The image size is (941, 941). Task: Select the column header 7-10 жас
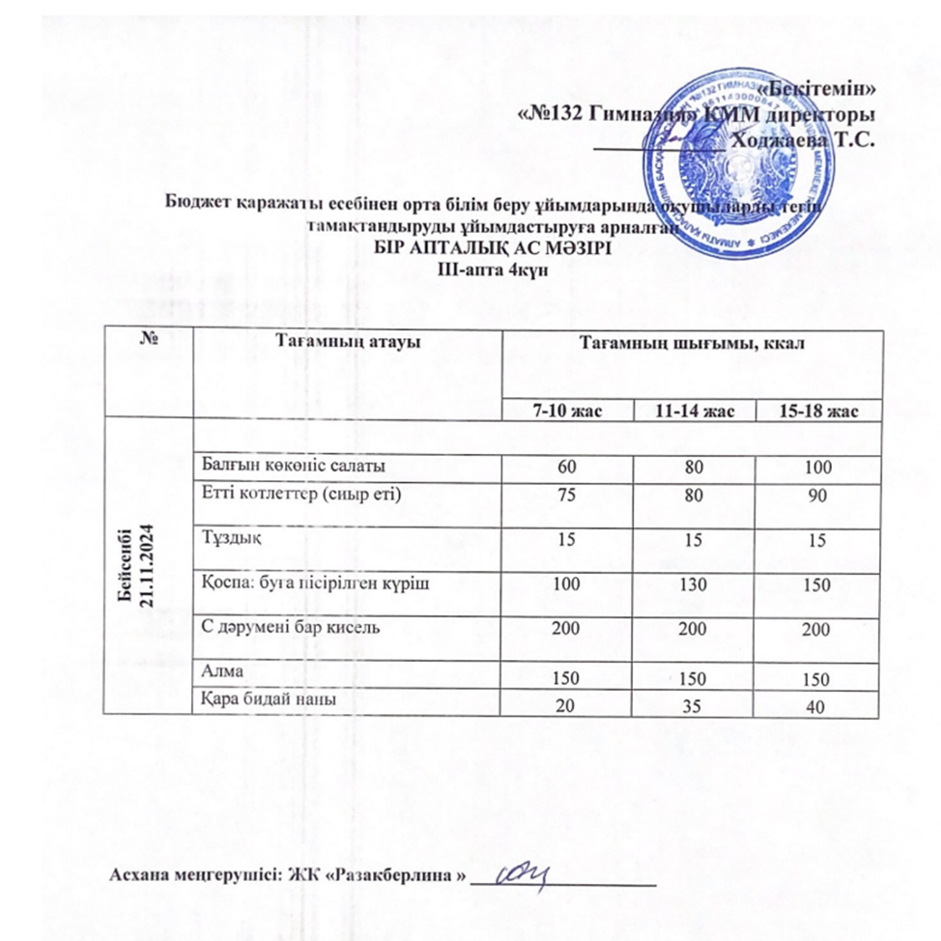(x=568, y=412)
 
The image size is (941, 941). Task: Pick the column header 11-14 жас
(x=693, y=412)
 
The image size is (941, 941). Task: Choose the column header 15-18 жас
(x=817, y=412)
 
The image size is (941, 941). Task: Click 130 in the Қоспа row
(x=692, y=586)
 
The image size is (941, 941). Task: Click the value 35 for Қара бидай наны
(x=692, y=707)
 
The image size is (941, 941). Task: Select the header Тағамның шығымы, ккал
(x=692, y=342)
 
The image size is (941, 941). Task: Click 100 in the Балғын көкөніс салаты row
(x=817, y=469)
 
